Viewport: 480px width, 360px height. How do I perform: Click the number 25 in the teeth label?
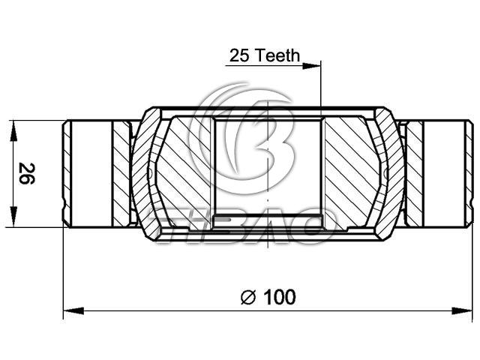tap(240, 55)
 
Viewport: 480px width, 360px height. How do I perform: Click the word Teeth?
tap(277, 55)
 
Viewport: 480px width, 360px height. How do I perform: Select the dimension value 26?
tap(27, 173)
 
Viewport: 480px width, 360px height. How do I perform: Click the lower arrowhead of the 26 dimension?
tap(13, 217)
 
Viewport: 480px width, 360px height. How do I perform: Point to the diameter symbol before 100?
tap(248, 297)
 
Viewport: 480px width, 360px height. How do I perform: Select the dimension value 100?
tap(280, 297)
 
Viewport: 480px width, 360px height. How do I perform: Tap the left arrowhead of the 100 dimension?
tap(73, 311)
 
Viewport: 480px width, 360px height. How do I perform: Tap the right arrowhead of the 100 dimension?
tap(462, 311)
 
